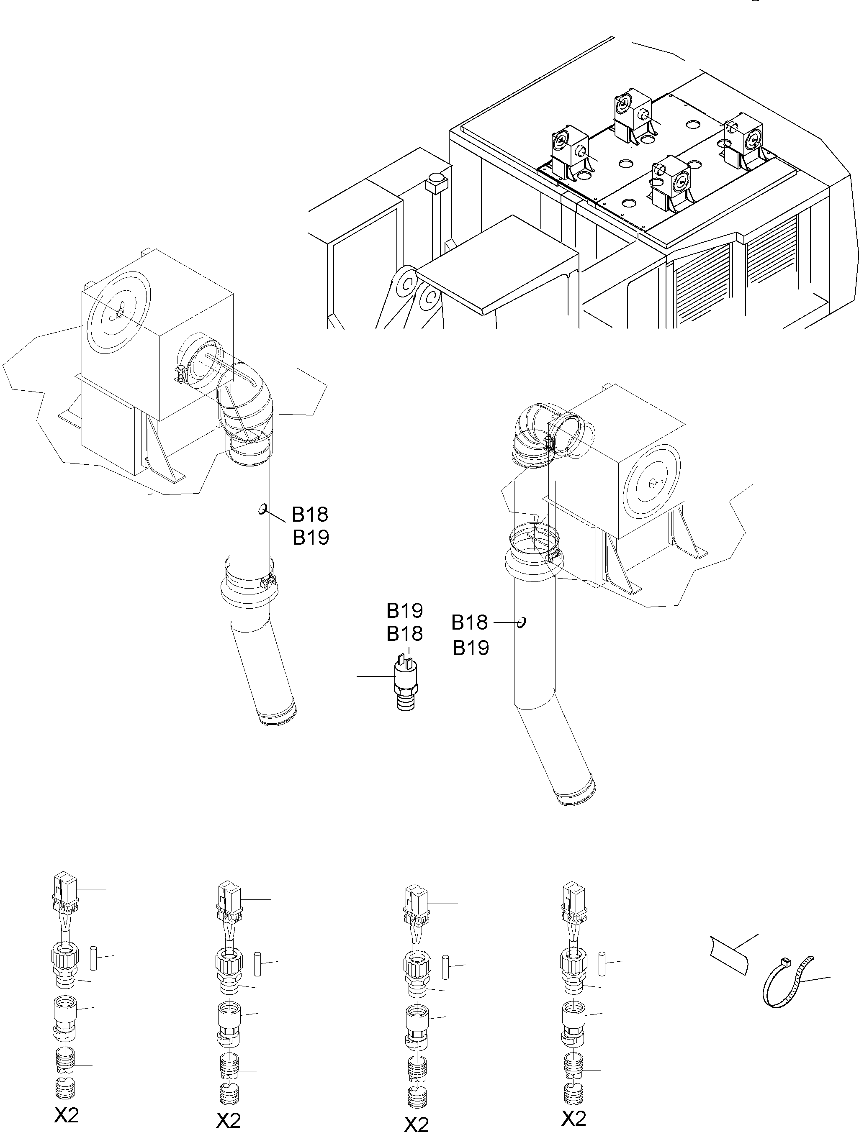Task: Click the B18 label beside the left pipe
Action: click(x=310, y=514)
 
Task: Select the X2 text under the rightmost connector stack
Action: click(x=573, y=1114)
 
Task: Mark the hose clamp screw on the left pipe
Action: click(x=267, y=581)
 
